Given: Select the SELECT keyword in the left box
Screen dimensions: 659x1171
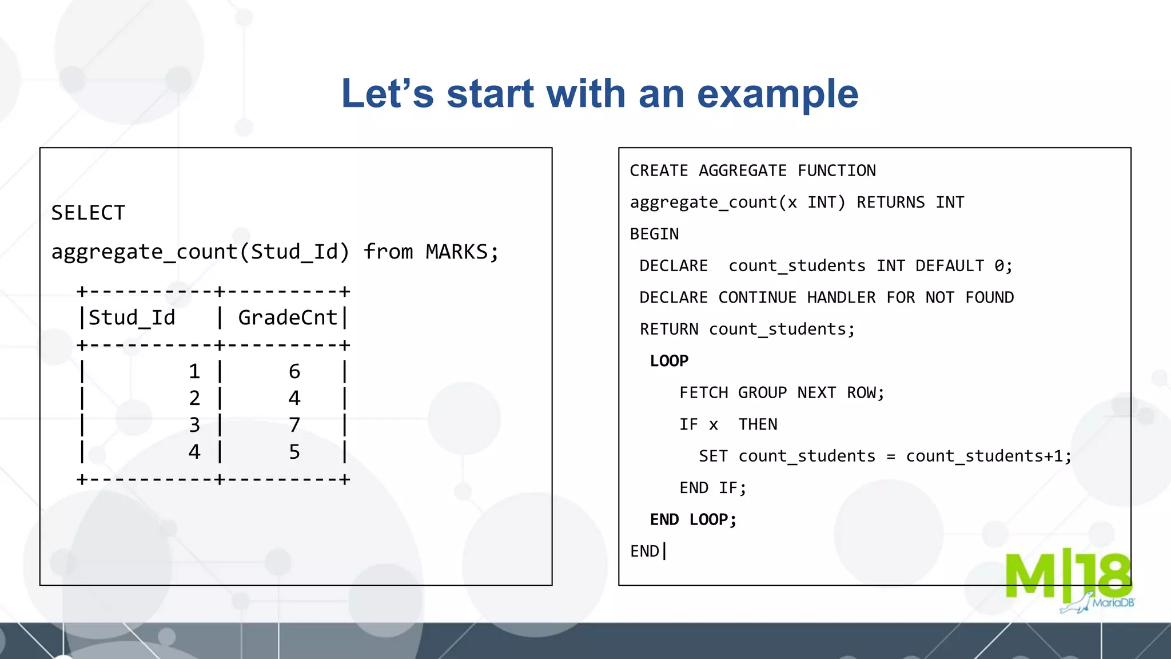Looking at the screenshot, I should (88, 213).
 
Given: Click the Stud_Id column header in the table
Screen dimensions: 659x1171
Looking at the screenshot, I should (132, 318).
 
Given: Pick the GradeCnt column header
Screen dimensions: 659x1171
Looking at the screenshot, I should (288, 318).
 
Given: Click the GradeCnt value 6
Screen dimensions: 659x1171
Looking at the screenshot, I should (294, 372).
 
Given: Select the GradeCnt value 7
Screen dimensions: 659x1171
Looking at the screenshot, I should (294, 425).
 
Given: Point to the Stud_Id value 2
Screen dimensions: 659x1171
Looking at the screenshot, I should (194, 398).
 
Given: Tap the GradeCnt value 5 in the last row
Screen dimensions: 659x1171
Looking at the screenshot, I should (294, 452).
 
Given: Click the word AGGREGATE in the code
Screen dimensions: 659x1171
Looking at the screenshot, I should (743, 171).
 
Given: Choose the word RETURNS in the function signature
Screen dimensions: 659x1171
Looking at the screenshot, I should (890, 203).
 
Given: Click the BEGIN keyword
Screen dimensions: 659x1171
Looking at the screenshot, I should (654, 235).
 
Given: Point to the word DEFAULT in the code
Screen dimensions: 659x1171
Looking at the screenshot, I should (950, 266).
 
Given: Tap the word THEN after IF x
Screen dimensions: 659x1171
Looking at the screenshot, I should (758, 424).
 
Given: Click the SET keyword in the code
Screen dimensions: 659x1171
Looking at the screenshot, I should (713, 456).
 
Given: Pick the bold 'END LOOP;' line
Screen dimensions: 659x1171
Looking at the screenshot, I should (693, 520).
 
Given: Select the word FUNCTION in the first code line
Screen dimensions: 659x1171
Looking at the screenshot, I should (837, 171).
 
